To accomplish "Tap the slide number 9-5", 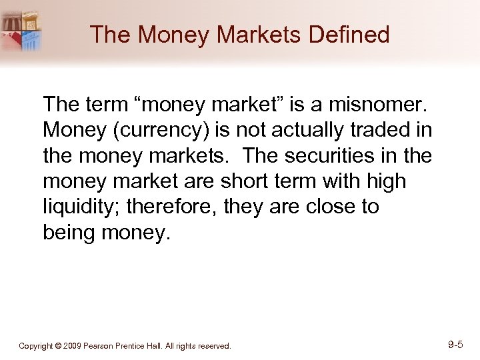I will (x=456, y=345).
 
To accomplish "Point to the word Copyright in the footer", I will (x=37, y=346).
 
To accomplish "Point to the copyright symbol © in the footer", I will (x=59, y=346).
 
